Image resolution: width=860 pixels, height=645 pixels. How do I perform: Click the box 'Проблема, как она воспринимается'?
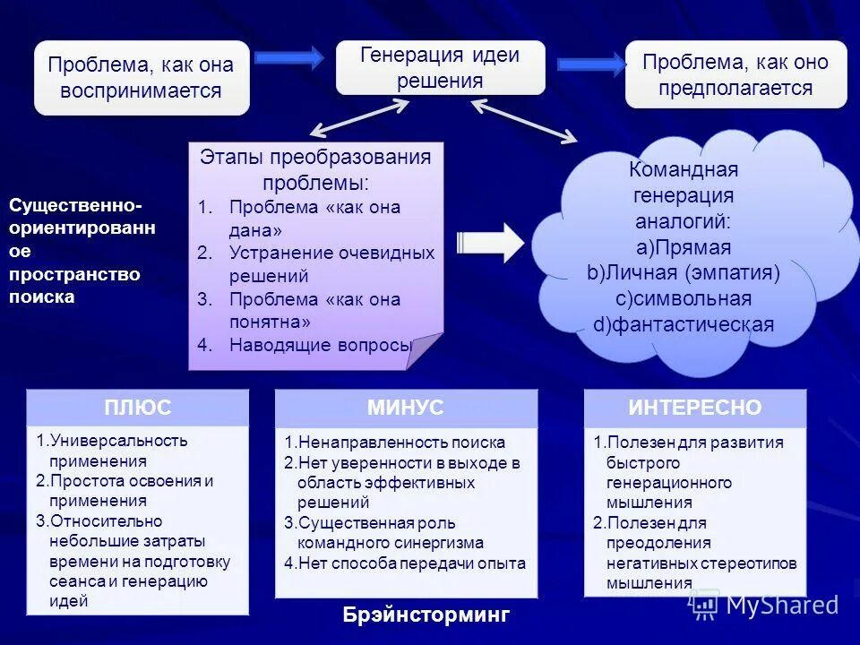142,77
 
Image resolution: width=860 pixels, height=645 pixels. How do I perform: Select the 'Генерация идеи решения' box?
440,67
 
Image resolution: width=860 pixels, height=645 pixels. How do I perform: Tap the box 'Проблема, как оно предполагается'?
735,75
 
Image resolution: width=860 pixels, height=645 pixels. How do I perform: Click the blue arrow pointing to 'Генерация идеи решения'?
288,58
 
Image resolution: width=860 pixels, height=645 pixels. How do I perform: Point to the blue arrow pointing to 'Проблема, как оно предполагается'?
591,64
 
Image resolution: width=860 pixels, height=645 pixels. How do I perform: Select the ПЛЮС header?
138,408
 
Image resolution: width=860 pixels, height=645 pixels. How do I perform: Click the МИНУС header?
405,408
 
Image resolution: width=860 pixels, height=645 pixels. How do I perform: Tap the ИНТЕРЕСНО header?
694,408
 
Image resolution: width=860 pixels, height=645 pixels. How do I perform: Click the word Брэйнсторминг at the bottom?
426,615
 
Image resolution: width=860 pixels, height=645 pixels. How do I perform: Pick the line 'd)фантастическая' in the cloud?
684,324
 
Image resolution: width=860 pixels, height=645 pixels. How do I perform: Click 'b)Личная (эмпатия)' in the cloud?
684,273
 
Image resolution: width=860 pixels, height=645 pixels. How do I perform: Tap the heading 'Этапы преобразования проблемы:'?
315,170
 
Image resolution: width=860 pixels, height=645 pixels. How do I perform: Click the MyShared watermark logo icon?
704,606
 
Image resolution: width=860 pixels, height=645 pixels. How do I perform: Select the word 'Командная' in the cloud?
684,170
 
